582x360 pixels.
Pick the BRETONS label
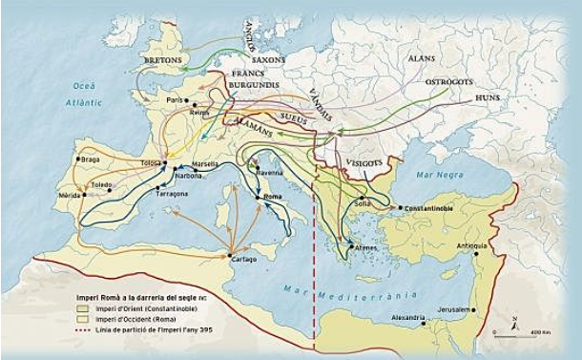[x=163, y=60]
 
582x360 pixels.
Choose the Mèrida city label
[x=69, y=194]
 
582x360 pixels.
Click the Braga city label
[x=91, y=159]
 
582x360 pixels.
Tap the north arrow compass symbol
[x=515, y=322]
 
